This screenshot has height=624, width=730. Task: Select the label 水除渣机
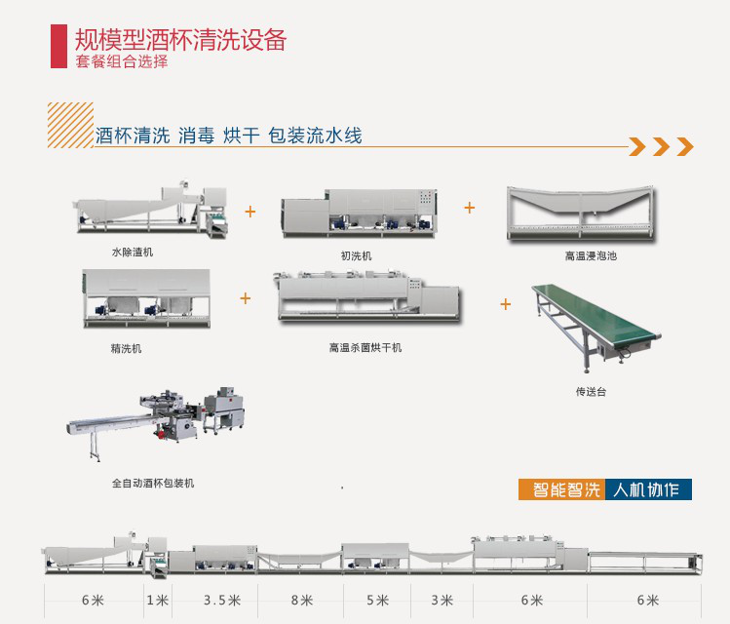(x=132, y=252)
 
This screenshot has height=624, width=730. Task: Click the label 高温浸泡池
(x=591, y=256)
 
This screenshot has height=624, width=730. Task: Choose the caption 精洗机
(x=126, y=348)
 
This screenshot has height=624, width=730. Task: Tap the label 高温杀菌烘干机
(x=365, y=347)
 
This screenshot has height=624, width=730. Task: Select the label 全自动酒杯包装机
(x=152, y=483)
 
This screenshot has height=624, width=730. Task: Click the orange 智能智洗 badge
(x=560, y=489)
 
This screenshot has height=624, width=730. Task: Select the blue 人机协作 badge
(x=647, y=489)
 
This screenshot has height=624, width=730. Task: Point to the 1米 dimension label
(x=156, y=599)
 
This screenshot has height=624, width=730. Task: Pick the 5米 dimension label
(x=376, y=599)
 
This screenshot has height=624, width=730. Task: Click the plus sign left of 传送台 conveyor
(x=506, y=304)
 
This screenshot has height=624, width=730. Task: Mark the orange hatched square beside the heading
(x=70, y=124)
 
